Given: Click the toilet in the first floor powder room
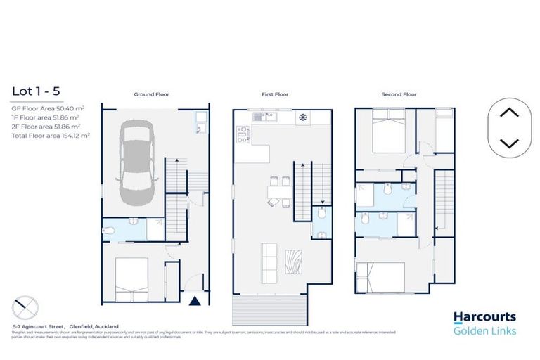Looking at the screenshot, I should coord(321,212).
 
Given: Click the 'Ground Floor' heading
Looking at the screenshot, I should coord(151,94).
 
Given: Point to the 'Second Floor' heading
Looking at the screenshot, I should coord(399,94).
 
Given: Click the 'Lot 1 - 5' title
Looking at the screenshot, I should coord(35,91).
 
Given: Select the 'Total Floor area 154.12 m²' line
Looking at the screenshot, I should coord(51,134).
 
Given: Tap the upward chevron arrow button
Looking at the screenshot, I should coord(508,112).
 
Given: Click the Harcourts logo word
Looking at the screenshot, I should coord(484,317).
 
